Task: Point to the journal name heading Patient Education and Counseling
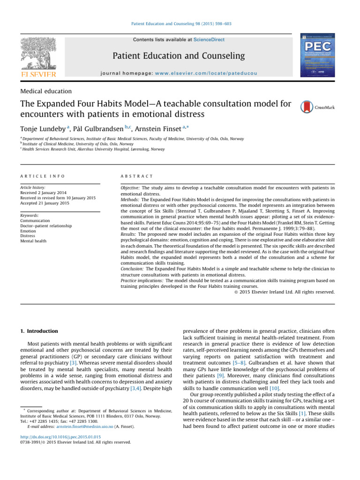[179, 56]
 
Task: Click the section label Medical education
[46, 91]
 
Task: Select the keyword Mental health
[33, 241]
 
